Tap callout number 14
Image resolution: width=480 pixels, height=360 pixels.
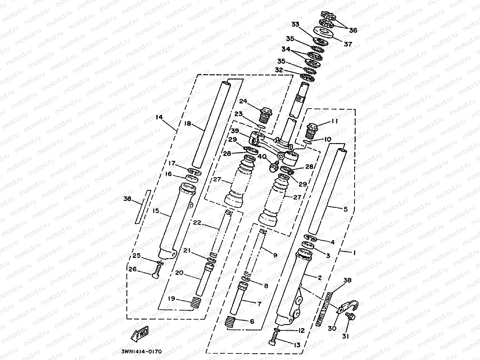pyautogui.click(x=159, y=117)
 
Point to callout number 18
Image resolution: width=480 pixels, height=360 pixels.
pyautogui.click(x=187, y=124)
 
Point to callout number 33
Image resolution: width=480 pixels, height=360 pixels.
pyautogui.click(x=295, y=24)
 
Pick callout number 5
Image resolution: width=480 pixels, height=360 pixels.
pyautogui.click(x=345, y=209)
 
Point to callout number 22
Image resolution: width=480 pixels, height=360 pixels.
pyautogui.click(x=197, y=222)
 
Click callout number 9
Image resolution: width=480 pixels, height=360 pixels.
pyautogui.click(x=275, y=255)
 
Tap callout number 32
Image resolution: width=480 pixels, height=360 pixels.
pyautogui.click(x=279, y=70)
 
